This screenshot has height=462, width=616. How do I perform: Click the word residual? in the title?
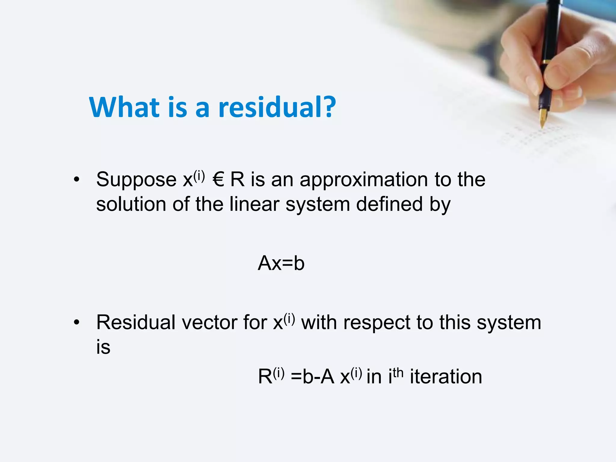[277, 108]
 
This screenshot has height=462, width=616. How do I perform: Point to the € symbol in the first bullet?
[218, 180]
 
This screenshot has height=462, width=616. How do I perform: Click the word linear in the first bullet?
[254, 205]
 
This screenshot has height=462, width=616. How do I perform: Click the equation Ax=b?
[281, 263]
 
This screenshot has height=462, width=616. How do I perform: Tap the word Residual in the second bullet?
[135, 323]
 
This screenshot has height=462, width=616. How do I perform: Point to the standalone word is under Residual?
[103, 347]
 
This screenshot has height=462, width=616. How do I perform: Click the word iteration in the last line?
[446, 377]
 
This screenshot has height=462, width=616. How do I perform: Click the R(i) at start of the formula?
[271, 376]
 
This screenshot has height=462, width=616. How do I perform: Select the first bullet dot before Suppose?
[77, 180]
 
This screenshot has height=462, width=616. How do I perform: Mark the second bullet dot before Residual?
[77, 323]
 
